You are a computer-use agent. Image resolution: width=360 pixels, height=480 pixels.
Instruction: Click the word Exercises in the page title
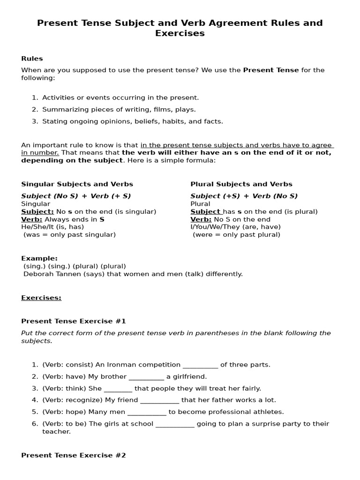click(180, 33)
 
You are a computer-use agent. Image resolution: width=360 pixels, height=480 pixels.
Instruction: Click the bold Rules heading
click(32, 59)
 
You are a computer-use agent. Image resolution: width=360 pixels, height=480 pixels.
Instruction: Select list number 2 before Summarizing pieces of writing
click(35, 109)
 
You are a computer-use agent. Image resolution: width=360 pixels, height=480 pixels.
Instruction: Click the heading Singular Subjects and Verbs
click(77, 184)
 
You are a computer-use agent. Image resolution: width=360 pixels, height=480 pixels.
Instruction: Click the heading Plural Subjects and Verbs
click(241, 184)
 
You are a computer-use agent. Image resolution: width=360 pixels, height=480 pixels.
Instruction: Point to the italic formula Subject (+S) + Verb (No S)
click(244, 196)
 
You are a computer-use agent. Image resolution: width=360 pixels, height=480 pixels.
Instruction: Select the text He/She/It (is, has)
click(52, 227)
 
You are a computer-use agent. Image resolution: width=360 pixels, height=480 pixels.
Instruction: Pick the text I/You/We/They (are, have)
click(235, 227)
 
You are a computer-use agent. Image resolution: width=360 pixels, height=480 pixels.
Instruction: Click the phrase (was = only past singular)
click(69, 234)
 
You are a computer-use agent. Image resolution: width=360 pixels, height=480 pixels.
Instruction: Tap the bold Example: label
click(39, 258)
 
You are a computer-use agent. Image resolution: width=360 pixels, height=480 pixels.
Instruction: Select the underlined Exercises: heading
click(41, 298)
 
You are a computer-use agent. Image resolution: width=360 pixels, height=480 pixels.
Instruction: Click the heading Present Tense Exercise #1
click(74, 321)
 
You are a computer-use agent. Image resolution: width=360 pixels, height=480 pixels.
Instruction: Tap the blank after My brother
click(146, 377)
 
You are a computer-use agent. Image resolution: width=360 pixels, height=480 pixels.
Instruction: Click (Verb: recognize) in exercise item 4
click(73, 400)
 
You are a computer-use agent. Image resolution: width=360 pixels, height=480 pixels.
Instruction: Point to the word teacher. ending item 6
click(56, 432)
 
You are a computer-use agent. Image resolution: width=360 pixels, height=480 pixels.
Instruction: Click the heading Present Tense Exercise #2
click(74, 455)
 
